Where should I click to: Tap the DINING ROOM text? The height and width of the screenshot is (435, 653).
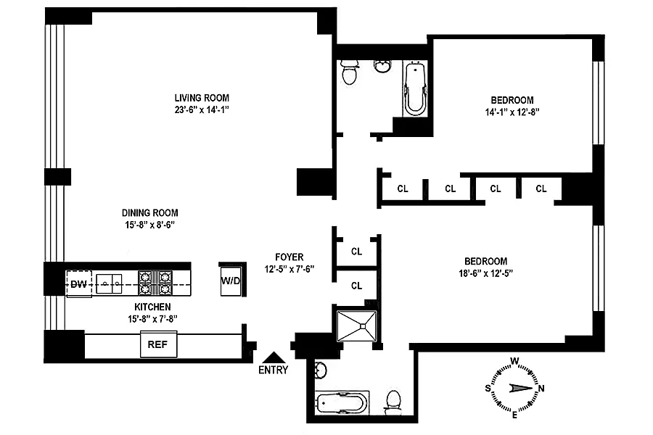(149, 213)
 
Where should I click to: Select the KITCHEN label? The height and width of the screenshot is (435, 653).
(152, 307)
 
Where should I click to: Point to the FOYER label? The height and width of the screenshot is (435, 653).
(289, 257)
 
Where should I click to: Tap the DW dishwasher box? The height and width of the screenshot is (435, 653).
(78, 283)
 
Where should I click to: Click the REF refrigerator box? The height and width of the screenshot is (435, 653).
(157, 345)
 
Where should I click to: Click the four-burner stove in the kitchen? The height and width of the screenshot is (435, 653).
(155, 283)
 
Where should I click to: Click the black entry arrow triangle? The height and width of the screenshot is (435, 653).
(273, 357)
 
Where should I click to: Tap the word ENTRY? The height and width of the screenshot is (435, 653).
(273, 370)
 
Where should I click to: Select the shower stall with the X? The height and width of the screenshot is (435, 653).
(357, 323)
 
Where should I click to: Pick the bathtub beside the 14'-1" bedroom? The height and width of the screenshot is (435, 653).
(415, 89)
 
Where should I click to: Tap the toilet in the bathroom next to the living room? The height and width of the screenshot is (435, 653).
(350, 72)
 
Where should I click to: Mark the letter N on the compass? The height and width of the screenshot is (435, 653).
(541, 388)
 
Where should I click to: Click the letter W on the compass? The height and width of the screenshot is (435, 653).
(514, 360)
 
